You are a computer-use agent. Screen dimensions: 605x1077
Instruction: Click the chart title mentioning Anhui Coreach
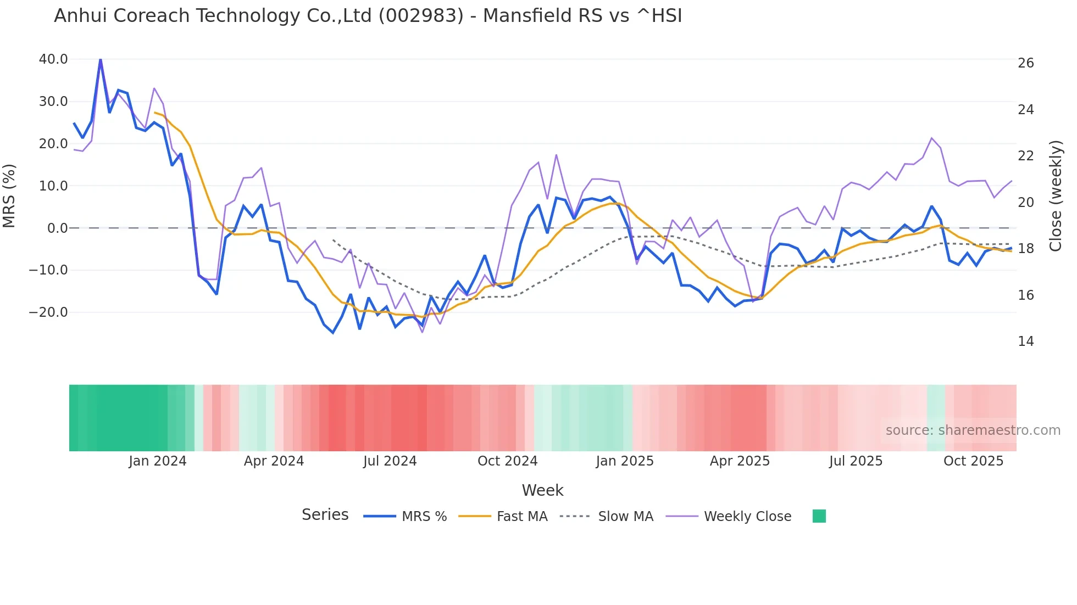pyautogui.click(x=368, y=16)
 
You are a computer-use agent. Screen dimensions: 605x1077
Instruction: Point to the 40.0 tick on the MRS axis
pyautogui.click(x=53, y=59)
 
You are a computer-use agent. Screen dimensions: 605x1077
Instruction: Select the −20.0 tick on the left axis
pyautogui.click(x=48, y=312)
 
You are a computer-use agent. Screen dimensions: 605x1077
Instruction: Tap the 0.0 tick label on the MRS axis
pyautogui.click(x=57, y=228)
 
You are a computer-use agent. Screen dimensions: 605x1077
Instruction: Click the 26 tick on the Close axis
pyautogui.click(x=1025, y=63)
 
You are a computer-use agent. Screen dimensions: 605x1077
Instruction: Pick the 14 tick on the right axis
pyautogui.click(x=1025, y=341)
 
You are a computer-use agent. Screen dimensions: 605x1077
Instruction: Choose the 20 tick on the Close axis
pyautogui.click(x=1025, y=203)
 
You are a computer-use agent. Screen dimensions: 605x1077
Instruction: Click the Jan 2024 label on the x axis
pyautogui.click(x=158, y=461)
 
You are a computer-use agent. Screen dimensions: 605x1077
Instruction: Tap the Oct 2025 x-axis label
pyautogui.click(x=973, y=461)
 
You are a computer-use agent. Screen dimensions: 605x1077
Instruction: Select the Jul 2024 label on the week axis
pyautogui.click(x=390, y=461)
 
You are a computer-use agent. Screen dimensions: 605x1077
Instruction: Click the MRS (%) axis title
pyautogui.click(x=9, y=195)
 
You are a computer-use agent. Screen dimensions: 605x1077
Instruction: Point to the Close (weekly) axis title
pyautogui.click(x=1056, y=195)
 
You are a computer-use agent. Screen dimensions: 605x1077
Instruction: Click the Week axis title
pyautogui.click(x=542, y=490)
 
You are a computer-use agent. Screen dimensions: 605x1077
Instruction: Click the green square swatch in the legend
pyautogui.click(x=819, y=516)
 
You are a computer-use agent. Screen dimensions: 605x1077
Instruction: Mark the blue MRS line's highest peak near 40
pyautogui.click(x=101, y=59)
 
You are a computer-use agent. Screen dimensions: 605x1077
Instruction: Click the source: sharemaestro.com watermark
pyautogui.click(x=973, y=430)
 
